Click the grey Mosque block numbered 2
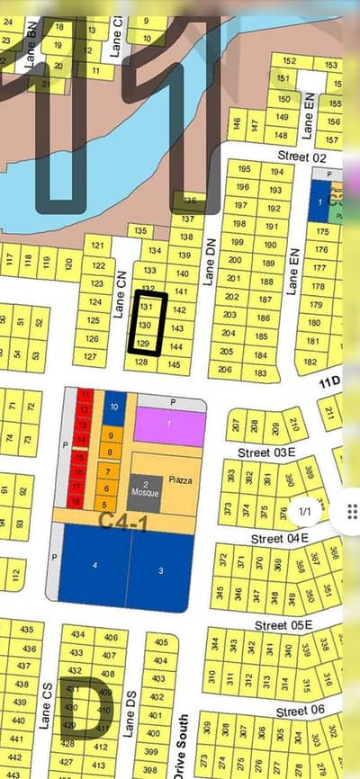145,488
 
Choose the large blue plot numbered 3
160,570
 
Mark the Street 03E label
266,452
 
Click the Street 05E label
283,625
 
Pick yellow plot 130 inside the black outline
145,325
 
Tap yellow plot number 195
242,168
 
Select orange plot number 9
109,435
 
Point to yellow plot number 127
90,356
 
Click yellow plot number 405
160,642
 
